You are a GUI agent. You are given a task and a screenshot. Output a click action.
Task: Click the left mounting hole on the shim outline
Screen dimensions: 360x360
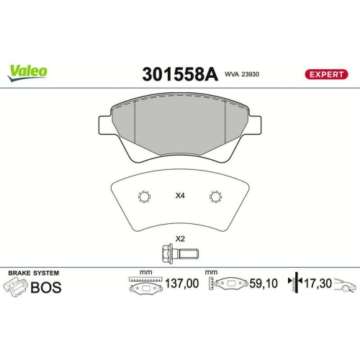coord(143,197)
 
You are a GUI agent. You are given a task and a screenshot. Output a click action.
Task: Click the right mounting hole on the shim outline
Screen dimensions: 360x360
coord(215,197)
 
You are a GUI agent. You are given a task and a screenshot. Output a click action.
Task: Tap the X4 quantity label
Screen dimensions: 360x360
coord(180,196)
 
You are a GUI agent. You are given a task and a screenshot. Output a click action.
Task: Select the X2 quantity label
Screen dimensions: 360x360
coord(180,238)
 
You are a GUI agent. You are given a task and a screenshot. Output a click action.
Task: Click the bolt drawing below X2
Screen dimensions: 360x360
coord(178,253)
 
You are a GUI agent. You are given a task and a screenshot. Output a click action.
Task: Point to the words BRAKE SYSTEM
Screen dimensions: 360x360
coord(33,274)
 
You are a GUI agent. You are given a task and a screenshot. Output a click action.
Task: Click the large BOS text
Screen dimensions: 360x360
coord(45,288)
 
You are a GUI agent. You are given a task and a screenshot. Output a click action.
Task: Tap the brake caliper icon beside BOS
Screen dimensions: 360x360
coord(16,288)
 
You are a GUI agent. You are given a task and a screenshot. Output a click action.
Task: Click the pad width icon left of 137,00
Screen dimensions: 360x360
coord(145,286)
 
